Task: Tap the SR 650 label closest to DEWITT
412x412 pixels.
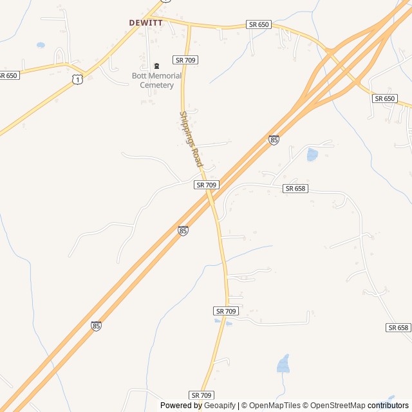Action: pyautogui.click(x=259, y=24)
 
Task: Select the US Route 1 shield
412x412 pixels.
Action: pyautogui.click(x=77, y=79)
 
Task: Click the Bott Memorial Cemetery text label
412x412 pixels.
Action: pyautogui.click(x=157, y=80)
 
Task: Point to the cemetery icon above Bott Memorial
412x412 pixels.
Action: pyautogui.click(x=157, y=66)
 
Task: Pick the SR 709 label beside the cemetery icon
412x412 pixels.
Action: pyautogui.click(x=185, y=60)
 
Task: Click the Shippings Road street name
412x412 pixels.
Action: pyautogui.click(x=191, y=139)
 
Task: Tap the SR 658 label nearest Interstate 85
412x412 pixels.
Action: pyautogui.click(x=297, y=188)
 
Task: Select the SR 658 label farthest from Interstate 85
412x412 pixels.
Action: pyautogui.click(x=398, y=328)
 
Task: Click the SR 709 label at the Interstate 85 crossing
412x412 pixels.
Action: pyautogui.click(x=207, y=185)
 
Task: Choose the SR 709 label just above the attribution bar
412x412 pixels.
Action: pyautogui.click(x=201, y=395)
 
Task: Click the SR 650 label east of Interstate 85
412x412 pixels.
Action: pyautogui.click(x=384, y=98)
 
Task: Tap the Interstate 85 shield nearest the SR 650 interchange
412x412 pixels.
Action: pyautogui.click(x=274, y=140)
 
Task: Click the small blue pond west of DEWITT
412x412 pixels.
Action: pyautogui.click(x=41, y=46)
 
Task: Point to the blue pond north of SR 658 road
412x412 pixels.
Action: pyautogui.click(x=312, y=154)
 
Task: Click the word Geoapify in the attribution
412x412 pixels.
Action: pyautogui.click(x=220, y=406)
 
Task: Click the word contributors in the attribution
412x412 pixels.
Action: pyautogui.click(x=388, y=406)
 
